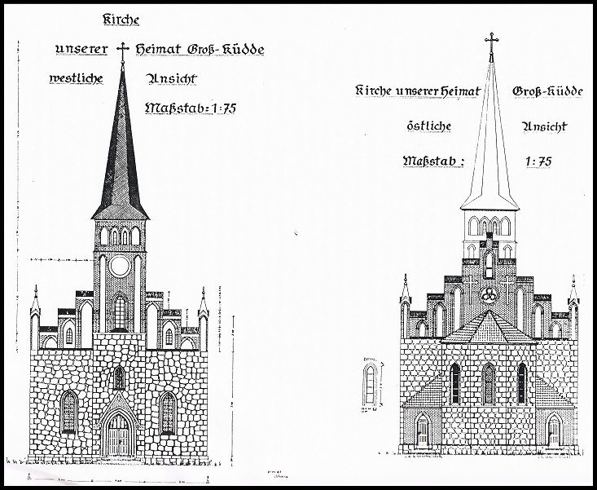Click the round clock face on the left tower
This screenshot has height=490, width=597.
click(x=120, y=266)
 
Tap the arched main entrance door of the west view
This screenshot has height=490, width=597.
click(x=120, y=435)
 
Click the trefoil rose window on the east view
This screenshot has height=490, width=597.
click(x=490, y=296)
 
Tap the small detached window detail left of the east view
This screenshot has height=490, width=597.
click(x=371, y=383)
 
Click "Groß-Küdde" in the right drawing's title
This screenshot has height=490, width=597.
click(x=547, y=91)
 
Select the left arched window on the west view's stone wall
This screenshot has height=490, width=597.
click(x=69, y=413)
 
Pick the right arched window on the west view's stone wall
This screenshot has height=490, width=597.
click(x=168, y=413)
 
